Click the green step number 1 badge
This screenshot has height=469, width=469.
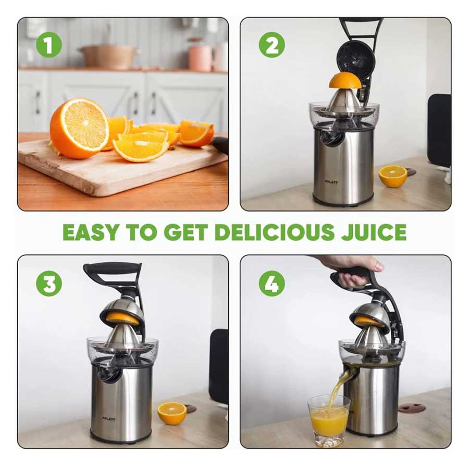tap(49, 45)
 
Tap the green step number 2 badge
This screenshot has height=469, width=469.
tap(271, 45)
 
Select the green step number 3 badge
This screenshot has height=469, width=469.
tap(49, 283)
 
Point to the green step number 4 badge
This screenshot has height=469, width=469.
tap(271, 283)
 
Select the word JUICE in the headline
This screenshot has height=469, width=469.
tap(374, 232)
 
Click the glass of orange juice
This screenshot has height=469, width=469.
tap(329, 421)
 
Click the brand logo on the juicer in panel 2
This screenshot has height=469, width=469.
tap(331, 182)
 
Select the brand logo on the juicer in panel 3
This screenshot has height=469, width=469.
tap(108, 419)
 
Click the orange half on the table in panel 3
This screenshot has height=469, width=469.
tap(172, 413)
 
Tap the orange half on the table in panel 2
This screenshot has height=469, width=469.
tap(393, 176)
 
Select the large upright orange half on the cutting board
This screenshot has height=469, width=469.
tap(79, 128)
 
